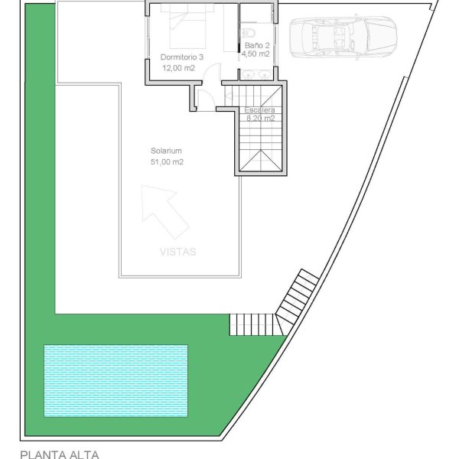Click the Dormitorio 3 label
[x=182, y=57]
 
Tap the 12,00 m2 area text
[x=178, y=68]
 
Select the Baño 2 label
[x=257, y=45]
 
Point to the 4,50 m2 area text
[x=256, y=54]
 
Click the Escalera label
[x=259, y=110]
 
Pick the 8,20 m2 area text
[x=261, y=119]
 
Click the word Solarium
[x=166, y=151]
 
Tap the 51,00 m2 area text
[x=167, y=161]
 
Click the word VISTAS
[x=178, y=252]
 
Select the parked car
[x=343, y=37]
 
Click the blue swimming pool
[x=116, y=381]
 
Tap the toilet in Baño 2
[x=249, y=32]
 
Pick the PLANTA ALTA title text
[x=60, y=454]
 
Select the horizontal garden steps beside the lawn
[x=252, y=324]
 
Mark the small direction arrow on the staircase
[x=228, y=95]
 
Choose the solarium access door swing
[x=206, y=99]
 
